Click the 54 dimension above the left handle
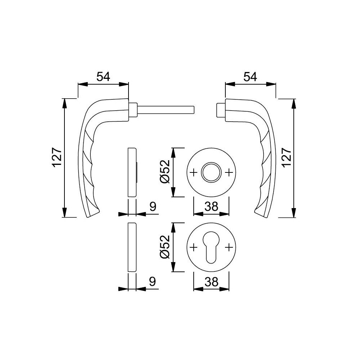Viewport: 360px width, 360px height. tap(103, 77)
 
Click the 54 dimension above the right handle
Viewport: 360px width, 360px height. tap(250, 77)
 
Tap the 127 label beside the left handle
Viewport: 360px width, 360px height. tap(57, 157)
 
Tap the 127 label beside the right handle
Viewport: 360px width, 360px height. tap(287, 157)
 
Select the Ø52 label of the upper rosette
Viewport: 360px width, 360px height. tap(165, 172)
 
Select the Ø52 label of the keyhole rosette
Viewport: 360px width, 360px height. tap(165, 247)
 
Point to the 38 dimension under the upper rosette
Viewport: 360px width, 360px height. tap(211, 206)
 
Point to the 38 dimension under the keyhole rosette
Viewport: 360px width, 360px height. tap(211, 282)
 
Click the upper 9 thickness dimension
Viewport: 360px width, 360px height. tap(153, 207)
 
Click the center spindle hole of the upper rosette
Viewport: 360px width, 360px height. tap(211, 172)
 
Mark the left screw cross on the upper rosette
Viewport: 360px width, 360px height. tap(193, 172)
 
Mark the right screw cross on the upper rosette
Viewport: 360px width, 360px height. tap(229, 172)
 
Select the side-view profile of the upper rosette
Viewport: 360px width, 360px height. tap(132, 172)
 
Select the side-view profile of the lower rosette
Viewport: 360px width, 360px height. tap(132, 247)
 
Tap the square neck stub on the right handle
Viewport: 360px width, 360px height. tap(219, 110)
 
